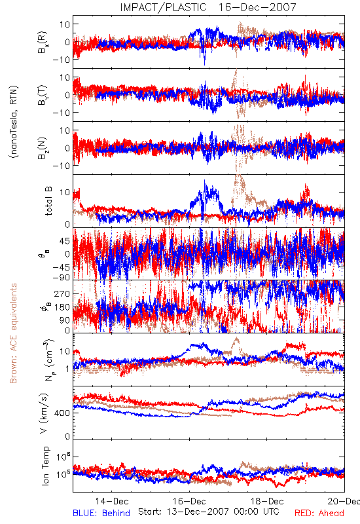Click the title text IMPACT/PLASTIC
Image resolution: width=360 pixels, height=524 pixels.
pyautogui.click(x=163, y=7)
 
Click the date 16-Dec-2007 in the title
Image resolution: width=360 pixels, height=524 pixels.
pyautogui.click(x=257, y=7)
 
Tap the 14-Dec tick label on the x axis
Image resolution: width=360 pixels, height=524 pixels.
pyautogui.click(x=112, y=501)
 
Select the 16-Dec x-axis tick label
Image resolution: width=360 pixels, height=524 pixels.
pyautogui.click(x=189, y=501)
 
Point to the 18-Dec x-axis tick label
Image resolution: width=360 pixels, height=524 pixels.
pyautogui.click(x=267, y=501)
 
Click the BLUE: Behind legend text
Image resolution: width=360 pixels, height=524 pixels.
pyautogui.click(x=101, y=513)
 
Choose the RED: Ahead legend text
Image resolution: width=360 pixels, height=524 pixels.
pyautogui.click(x=319, y=513)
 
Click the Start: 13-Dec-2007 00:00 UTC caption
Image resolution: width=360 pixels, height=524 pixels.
pyautogui.click(x=209, y=512)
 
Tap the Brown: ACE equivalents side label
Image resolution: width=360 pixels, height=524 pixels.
pyautogui.click(x=13, y=333)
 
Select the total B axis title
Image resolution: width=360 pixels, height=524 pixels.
pyautogui.click(x=48, y=201)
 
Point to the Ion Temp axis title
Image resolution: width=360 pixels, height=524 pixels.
pyautogui.click(x=45, y=466)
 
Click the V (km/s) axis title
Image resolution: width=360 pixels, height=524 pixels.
pyautogui.click(x=44, y=413)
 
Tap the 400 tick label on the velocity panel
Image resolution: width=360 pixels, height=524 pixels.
pyautogui.click(x=62, y=413)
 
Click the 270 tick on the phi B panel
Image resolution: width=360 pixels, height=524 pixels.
pyautogui.click(x=62, y=293)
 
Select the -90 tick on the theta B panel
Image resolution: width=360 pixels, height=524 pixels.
pyautogui.click(x=61, y=277)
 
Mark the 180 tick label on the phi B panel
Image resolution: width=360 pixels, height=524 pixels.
pyautogui.click(x=62, y=307)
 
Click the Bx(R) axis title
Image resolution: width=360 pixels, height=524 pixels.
pyautogui.click(x=43, y=42)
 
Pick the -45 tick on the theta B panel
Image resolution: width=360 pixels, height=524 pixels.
pyautogui.click(x=61, y=267)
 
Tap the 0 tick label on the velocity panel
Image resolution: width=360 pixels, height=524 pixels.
pyautogui.click(x=67, y=436)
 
